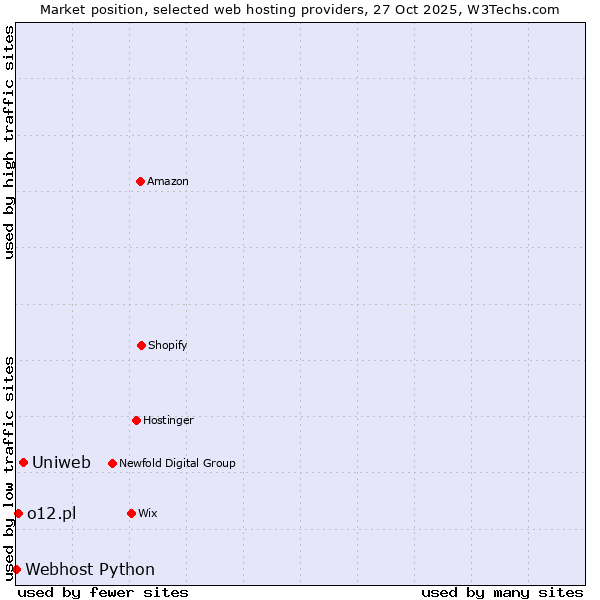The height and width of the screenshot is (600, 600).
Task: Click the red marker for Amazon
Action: pyautogui.click(x=140, y=181)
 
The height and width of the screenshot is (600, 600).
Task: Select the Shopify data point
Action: pyautogui.click(x=141, y=345)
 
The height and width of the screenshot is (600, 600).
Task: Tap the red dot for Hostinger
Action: pyautogui.click(x=136, y=420)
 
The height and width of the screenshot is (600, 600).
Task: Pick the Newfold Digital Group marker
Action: pyautogui.click(x=112, y=463)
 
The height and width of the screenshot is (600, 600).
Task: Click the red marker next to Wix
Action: pyautogui.click(x=131, y=513)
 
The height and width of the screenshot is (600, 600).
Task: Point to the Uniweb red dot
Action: pyautogui.click(x=23, y=462)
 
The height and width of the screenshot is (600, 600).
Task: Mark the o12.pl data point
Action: pyautogui.click(x=18, y=513)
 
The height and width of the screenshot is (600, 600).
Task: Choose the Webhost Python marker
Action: pyautogui.click(x=16, y=569)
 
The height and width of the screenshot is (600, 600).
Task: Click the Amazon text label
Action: pyautogui.click(x=168, y=181)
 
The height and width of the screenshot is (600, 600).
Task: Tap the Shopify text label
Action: pyautogui.click(x=168, y=345)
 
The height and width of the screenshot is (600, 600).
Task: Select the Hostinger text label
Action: pyautogui.click(x=168, y=420)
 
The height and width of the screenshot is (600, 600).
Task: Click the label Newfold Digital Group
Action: pyautogui.click(x=177, y=463)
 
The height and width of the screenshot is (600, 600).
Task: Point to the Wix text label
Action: pyautogui.click(x=148, y=513)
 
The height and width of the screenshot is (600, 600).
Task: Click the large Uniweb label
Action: pyautogui.click(x=61, y=462)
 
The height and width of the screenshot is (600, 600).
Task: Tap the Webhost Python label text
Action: pyautogui.click(x=90, y=570)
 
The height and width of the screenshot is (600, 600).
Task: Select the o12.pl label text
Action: pyautogui.click(x=51, y=513)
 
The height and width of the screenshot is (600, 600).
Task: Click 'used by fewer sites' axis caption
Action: pyautogui.click(x=103, y=592)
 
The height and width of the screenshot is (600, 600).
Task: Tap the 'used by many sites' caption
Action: pyautogui.click(x=502, y=592)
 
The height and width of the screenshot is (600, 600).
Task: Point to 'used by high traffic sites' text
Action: pyautogui.click(x=9, y=142)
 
